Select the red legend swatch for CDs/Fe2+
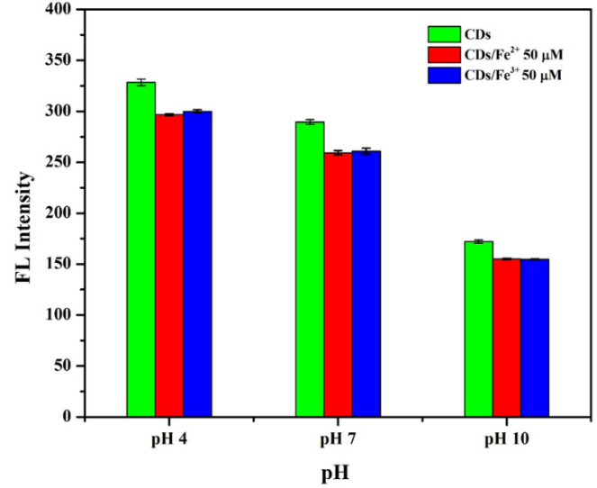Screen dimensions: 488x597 (x=441, y=56)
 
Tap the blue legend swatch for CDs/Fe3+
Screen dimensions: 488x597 (x=441, y=76)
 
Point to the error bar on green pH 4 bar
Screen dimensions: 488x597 (x=140, y=82)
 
